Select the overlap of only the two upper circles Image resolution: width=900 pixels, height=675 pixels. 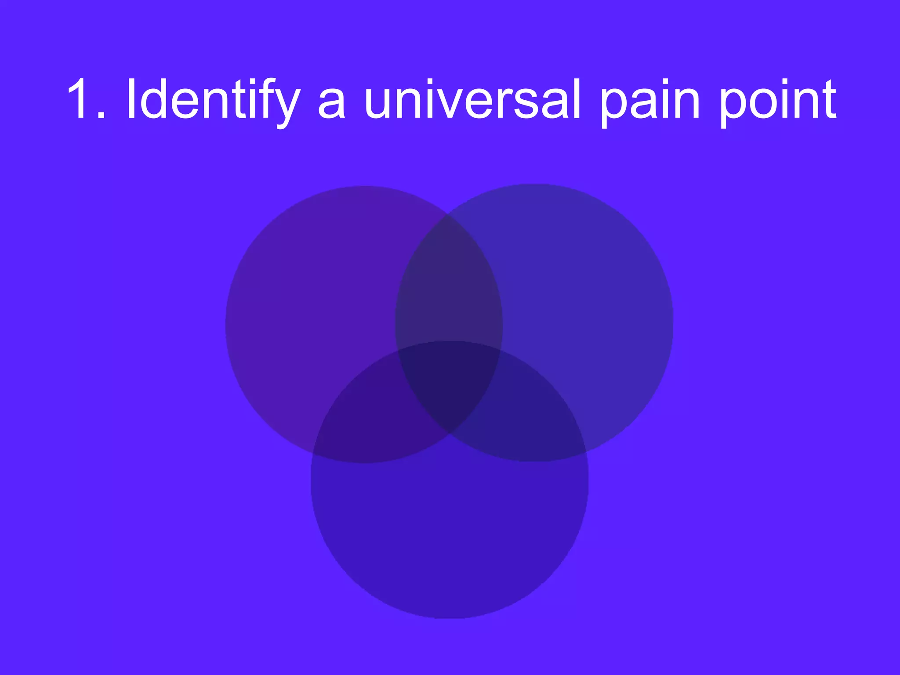[449, 286]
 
